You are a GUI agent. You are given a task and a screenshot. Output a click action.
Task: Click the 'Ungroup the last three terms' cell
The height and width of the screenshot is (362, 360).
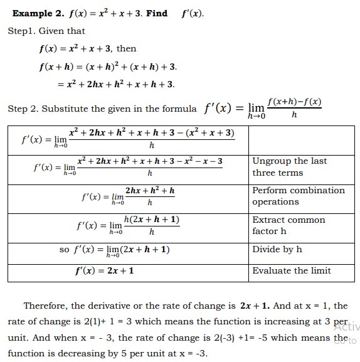(289, 167)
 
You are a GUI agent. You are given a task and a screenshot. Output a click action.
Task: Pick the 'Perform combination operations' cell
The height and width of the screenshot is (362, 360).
(298, 196)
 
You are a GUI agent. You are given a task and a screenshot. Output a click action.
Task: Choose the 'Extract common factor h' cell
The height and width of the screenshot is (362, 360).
(289, 225)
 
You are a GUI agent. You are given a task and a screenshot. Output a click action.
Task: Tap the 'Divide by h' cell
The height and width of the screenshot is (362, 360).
(277, 250)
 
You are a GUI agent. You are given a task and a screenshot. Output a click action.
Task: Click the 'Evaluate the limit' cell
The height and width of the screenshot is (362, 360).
(291, 271)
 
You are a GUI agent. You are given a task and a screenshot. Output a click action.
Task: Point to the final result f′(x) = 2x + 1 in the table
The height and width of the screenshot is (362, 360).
(104, 271)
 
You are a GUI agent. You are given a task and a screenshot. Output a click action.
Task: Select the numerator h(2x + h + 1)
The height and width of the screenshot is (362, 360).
(152, 220)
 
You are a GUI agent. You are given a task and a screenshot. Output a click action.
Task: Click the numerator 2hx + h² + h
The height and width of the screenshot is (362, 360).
(150, 190)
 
